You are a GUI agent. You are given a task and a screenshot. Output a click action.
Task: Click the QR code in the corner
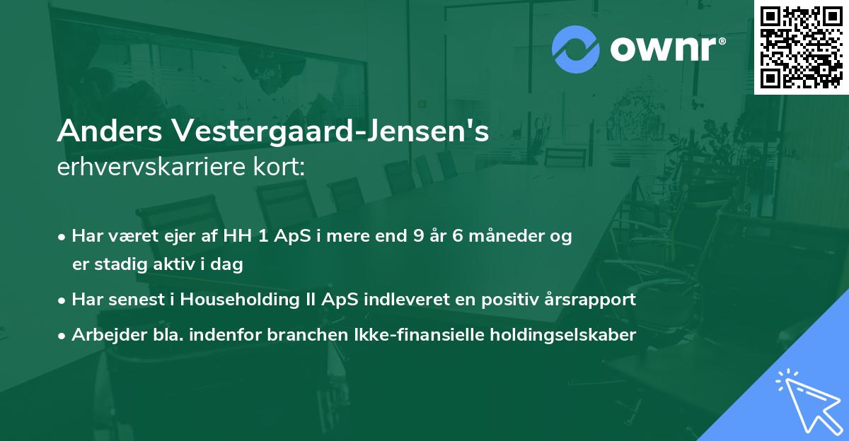tap(802, 47)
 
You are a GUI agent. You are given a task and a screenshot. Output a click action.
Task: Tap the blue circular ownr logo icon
tap(577, 49)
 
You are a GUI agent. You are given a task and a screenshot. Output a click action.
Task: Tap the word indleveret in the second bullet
tap(403, 300)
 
